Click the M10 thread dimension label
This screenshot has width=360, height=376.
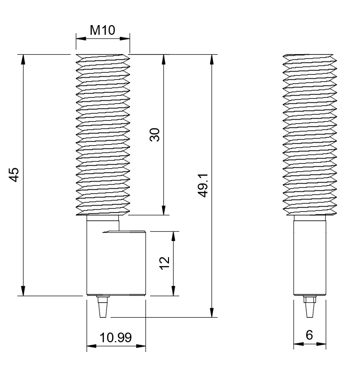(102, 30)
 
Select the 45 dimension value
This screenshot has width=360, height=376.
(14, 175)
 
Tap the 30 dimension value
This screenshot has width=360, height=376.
(154, 135)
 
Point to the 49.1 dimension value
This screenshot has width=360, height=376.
(203, 186)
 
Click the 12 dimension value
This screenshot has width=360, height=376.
(165, 263)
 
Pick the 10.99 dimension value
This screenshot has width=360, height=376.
(116, 338)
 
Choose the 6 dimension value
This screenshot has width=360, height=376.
(309, 335)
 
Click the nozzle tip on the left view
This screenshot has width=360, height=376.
(102, 317)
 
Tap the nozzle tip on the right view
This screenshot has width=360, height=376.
(310, 317)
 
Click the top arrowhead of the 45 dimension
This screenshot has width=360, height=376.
(23, 59)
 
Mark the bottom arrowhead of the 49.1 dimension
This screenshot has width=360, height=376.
(211, 312)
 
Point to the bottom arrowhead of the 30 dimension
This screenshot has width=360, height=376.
(164, 210)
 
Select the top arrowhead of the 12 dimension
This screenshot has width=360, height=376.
(174, 236)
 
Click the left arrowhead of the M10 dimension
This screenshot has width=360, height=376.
(81, 38)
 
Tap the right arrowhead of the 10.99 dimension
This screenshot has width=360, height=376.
(141, 346)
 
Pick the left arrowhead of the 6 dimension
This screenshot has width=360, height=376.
(299, 344)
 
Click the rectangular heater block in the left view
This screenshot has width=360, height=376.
(116, 263)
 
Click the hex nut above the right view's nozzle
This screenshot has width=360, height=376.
(310, 299)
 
